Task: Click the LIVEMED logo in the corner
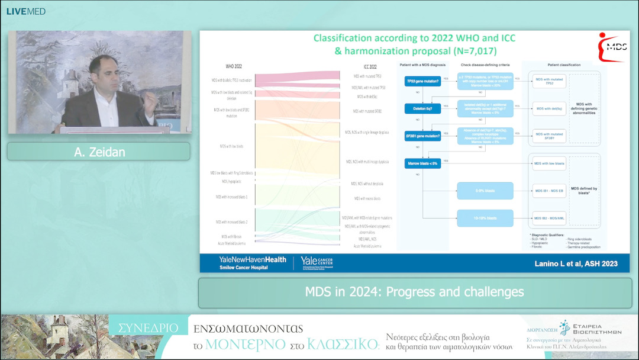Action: pyautogui.click(x=25, y=11)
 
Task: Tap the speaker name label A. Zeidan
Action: pyautogui.click(x=98, y=152)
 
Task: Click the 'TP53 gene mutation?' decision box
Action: pyautogui.click(x=422, y=81)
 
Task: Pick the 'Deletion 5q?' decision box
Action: pyautogui.click(x=422, y=109)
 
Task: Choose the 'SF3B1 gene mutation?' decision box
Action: pyautogui.click(x=422, y=136)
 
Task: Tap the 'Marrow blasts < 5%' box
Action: pyautogui.click(x=422, y=163)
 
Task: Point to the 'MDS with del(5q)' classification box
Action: pyautogui.click(x=550, y=108)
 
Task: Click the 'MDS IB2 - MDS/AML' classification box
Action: pyautogui.click(x=550, y=218)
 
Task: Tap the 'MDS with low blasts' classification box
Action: pyautogui.click(x=550, y=163)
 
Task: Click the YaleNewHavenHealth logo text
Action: pyautogui.click(x=244, y=259)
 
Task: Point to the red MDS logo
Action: pyautogui.click(x=612, y=47)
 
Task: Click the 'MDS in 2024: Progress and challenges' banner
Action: pyautogui.click(x=414, y=292)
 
